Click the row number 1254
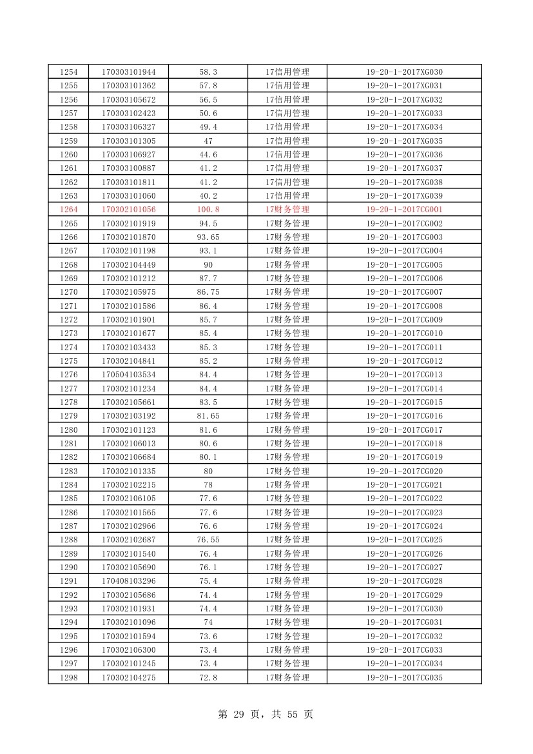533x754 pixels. [x=68, y=72]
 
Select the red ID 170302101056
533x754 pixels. [x=128, y=210]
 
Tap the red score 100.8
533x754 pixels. [x=208, y=210]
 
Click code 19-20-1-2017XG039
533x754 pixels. [x=404, y=195]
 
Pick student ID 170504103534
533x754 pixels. [x=128, y=375]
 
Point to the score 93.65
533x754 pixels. [x=208, y=237]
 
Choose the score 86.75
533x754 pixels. [x=208, y=292]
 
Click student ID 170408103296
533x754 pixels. [x=128, y=581]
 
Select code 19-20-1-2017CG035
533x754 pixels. [x=404, y=677]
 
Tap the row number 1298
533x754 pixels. [x=68, y=677]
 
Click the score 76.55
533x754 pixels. [x=208, y=540]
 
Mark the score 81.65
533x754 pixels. [x=208, y=416]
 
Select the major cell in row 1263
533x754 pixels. [x=287, y=195]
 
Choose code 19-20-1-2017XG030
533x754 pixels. [x=404, y=72]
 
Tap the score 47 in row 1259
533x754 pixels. [x=208, y=141]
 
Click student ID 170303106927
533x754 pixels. [x=128, y=154]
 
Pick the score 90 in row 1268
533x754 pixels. [x=208, y=264]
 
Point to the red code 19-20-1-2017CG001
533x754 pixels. [x=404, y=210]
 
